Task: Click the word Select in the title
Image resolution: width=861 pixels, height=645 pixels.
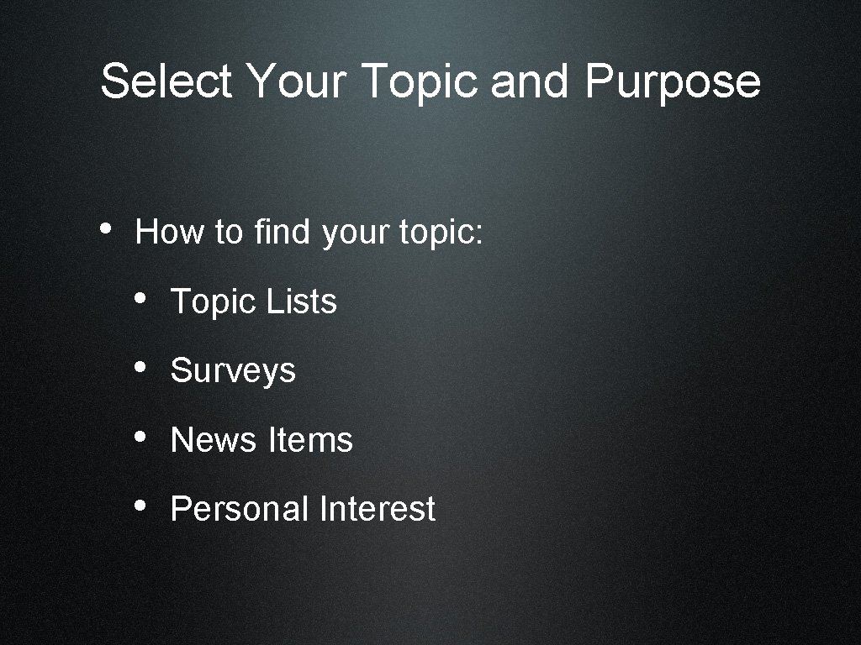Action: coord(166,81)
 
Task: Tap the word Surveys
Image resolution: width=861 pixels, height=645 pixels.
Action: coord(233,371)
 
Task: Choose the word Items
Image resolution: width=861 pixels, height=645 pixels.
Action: coord(310,440)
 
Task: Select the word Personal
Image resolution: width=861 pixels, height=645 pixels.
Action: coord(240,509)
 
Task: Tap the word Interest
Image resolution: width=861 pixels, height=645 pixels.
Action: coord(378,509)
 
